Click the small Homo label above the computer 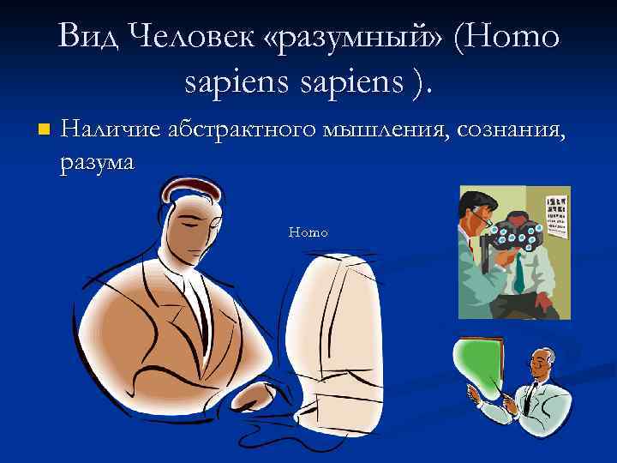(x=308, y=232)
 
